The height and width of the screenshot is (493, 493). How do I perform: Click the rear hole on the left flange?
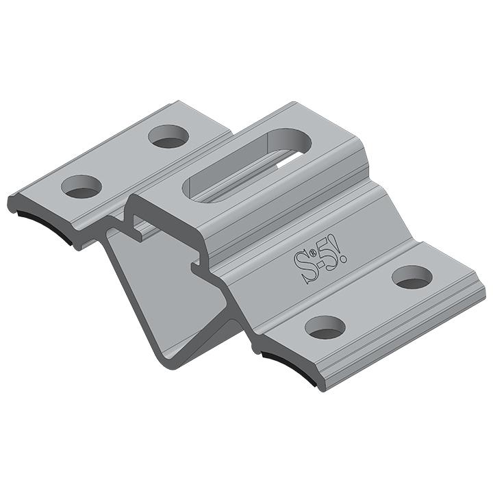[x=167, y=136]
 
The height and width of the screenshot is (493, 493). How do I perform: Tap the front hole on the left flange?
[x=81, y=186]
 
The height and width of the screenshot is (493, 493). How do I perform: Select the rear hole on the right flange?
[x=412, y=277]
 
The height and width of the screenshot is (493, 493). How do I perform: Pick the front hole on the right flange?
[x=325, y=327]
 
